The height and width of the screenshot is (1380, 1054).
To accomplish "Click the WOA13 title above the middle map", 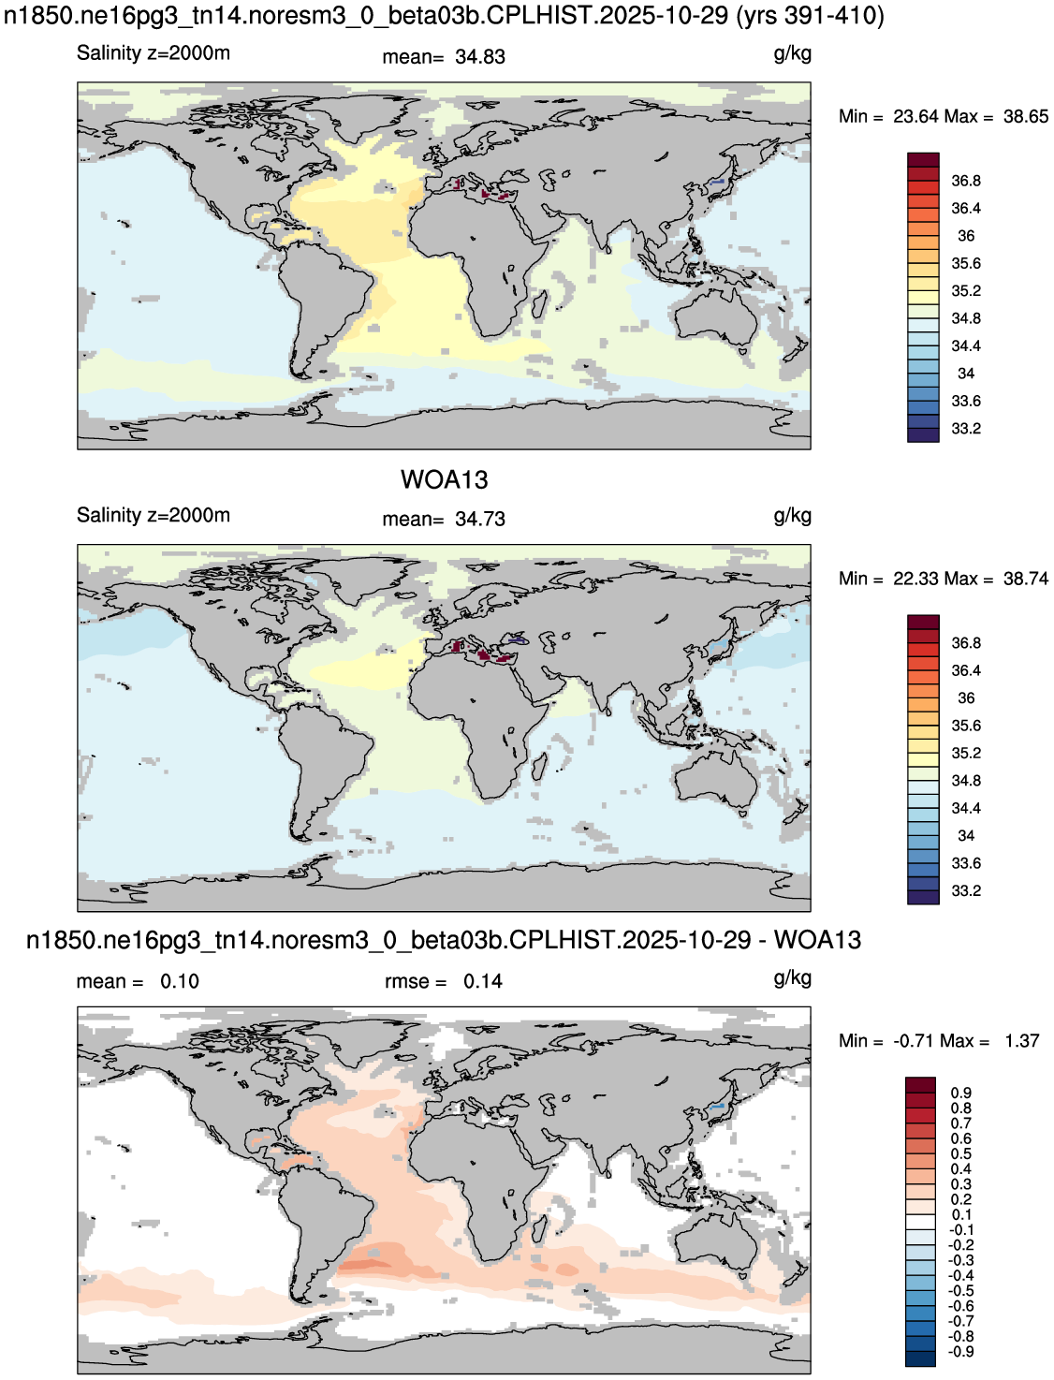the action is pyautogui.click(x=444, y=479).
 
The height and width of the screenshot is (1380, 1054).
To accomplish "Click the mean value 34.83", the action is pyautogui.click(x=480, y=56).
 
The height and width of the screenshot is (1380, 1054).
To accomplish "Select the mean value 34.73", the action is pyautogui.click(x=480, y=519).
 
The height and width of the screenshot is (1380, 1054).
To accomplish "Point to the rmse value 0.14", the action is pyautogui.click(x=483, y=981).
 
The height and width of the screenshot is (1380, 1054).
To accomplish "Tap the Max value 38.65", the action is pyautogui.click(x=1026, y=116).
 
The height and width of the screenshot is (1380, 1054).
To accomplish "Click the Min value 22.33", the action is pyautogui.click(x=915, y=579).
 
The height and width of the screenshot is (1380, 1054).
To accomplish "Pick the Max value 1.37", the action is pyautogui.click(x=1022, y=1040).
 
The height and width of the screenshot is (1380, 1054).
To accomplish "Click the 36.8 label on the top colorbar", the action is pyautogui.click(x=966, y=181).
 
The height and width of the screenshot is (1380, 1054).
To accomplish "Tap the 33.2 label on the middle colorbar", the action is pyautogui.click(x=966, y=890).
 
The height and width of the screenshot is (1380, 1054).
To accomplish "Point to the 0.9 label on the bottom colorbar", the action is pyautogui.click(x=961, y=1092).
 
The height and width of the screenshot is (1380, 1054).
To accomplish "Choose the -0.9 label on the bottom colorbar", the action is pyautogui.click(x=959, y=1351).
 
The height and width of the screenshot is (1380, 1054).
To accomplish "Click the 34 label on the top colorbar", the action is pyautogui.click(x=966, y=374).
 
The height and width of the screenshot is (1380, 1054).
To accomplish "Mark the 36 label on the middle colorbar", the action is pyautogui.click(x=966, y=697).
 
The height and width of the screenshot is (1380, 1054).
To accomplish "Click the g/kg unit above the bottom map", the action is pyautogui.click(x=792, y=979).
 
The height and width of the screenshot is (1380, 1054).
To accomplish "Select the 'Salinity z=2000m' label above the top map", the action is pyautogui.click(x=154, y=53).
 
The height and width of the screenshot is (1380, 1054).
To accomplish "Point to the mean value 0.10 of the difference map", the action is pyautogui.click(x=179, y=981).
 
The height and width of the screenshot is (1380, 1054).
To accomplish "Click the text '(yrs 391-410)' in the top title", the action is pyautogui.click(x=811, y=15).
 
